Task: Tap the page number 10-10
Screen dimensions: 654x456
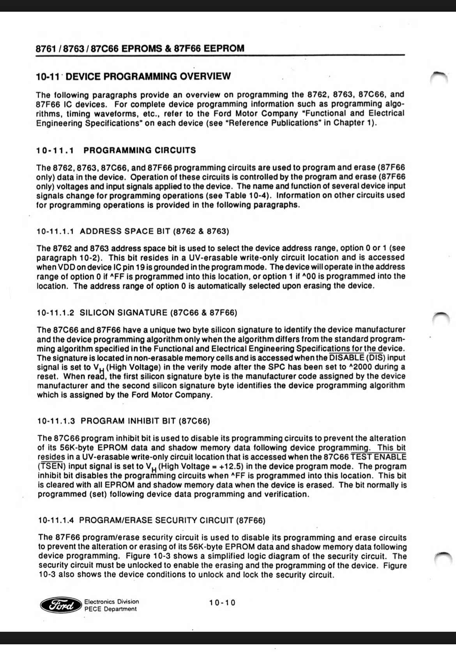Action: tap(222, 603)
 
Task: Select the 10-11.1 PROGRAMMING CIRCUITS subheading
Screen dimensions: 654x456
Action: tap(116, 150)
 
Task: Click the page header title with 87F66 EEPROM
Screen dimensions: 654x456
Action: tap(140, 49)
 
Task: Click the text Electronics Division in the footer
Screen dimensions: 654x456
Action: tap(111, 601)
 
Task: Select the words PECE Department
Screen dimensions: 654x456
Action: tap(111, 609)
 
